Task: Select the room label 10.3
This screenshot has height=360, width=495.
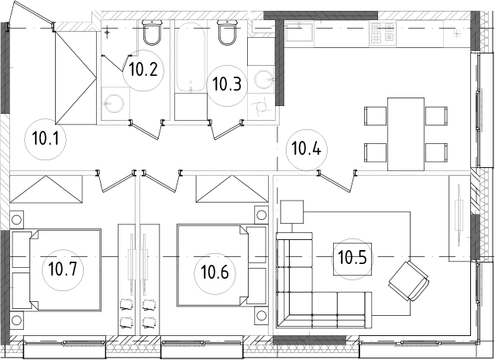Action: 226,83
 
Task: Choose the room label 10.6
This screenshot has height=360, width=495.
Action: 215,272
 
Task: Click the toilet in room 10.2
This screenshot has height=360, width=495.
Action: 152,33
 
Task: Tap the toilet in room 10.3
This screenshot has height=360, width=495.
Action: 228,33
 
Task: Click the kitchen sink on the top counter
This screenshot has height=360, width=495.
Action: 298,31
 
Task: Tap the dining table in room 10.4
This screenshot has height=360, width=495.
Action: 405,134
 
